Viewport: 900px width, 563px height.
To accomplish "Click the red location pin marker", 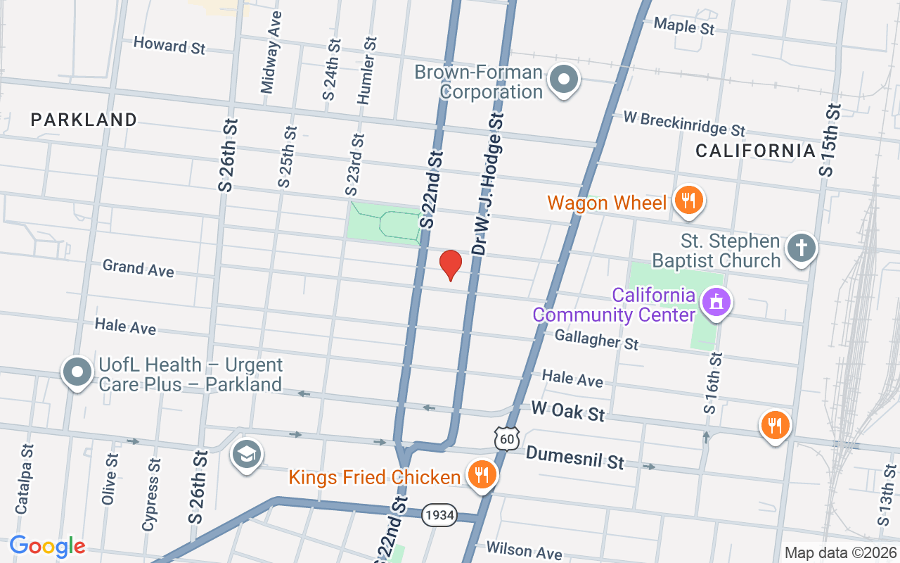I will click(x=450, y=265).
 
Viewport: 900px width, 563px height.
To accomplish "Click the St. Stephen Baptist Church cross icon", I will click(x=800, y=248).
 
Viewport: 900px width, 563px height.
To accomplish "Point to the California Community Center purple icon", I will click(x=716, y=303).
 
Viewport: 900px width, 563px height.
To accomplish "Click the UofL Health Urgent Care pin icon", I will click(x=77, y=371).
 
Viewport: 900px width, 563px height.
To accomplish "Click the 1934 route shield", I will click(x=439, y=515).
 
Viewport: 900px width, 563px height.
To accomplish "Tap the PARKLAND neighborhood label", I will click(x=84, y=120).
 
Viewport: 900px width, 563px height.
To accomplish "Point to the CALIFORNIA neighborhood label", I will click(x=755, y=150).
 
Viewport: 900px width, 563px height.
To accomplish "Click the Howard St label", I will click(x=169, y=46).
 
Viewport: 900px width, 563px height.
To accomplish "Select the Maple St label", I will click(x=683, y=27).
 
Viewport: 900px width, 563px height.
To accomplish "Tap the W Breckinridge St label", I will click(x=683, y=124).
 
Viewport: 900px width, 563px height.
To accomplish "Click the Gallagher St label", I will click(x=596, y=340).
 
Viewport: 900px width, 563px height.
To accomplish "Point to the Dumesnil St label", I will click(x=574, y=458).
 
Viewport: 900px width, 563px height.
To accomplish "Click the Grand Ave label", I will click(x=139, y=268).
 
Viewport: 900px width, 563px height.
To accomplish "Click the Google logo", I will click(x=48, y=546).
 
